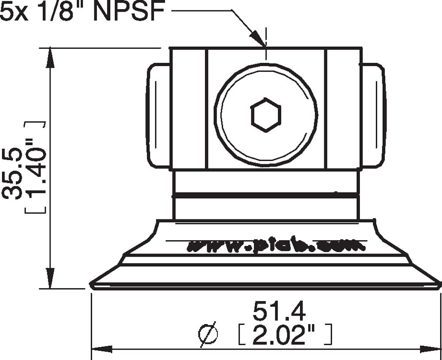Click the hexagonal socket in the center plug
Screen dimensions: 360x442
266,115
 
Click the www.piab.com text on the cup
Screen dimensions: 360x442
276,246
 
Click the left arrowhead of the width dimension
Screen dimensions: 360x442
100,349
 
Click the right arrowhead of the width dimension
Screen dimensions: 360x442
432,349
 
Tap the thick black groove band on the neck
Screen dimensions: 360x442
266,195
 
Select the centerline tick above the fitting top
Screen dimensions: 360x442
266,34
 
